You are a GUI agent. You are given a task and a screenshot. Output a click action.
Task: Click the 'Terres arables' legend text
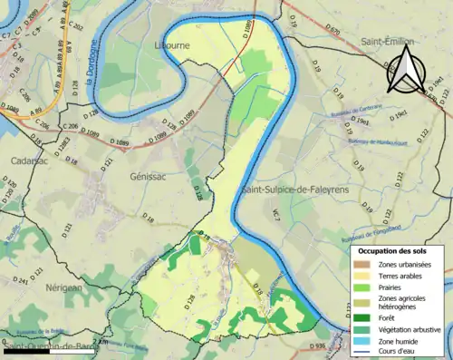tap(403, 276)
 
